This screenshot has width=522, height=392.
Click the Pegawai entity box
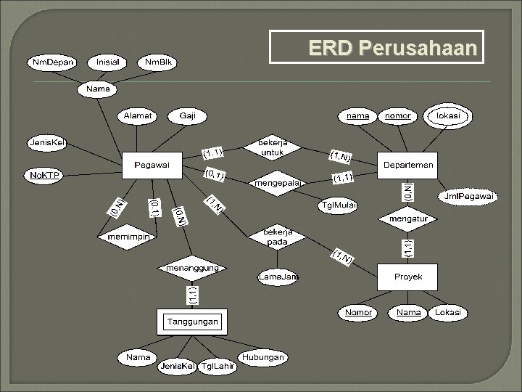152,165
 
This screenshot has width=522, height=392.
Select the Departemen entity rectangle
408,165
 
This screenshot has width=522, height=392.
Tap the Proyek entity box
408,277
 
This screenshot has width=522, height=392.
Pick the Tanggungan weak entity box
193,321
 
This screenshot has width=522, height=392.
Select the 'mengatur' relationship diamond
408,217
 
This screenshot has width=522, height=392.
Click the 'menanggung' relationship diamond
193,268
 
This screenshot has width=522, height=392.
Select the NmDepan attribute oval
52,62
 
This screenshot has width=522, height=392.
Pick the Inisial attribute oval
108,62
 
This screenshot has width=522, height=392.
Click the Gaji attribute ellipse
187,115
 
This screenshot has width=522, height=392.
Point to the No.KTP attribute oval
44,175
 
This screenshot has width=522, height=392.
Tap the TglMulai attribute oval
338,205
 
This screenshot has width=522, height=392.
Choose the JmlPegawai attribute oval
468,196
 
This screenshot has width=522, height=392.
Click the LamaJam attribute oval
279,277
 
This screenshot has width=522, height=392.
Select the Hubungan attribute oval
263,357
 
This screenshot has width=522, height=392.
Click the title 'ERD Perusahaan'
392,48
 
